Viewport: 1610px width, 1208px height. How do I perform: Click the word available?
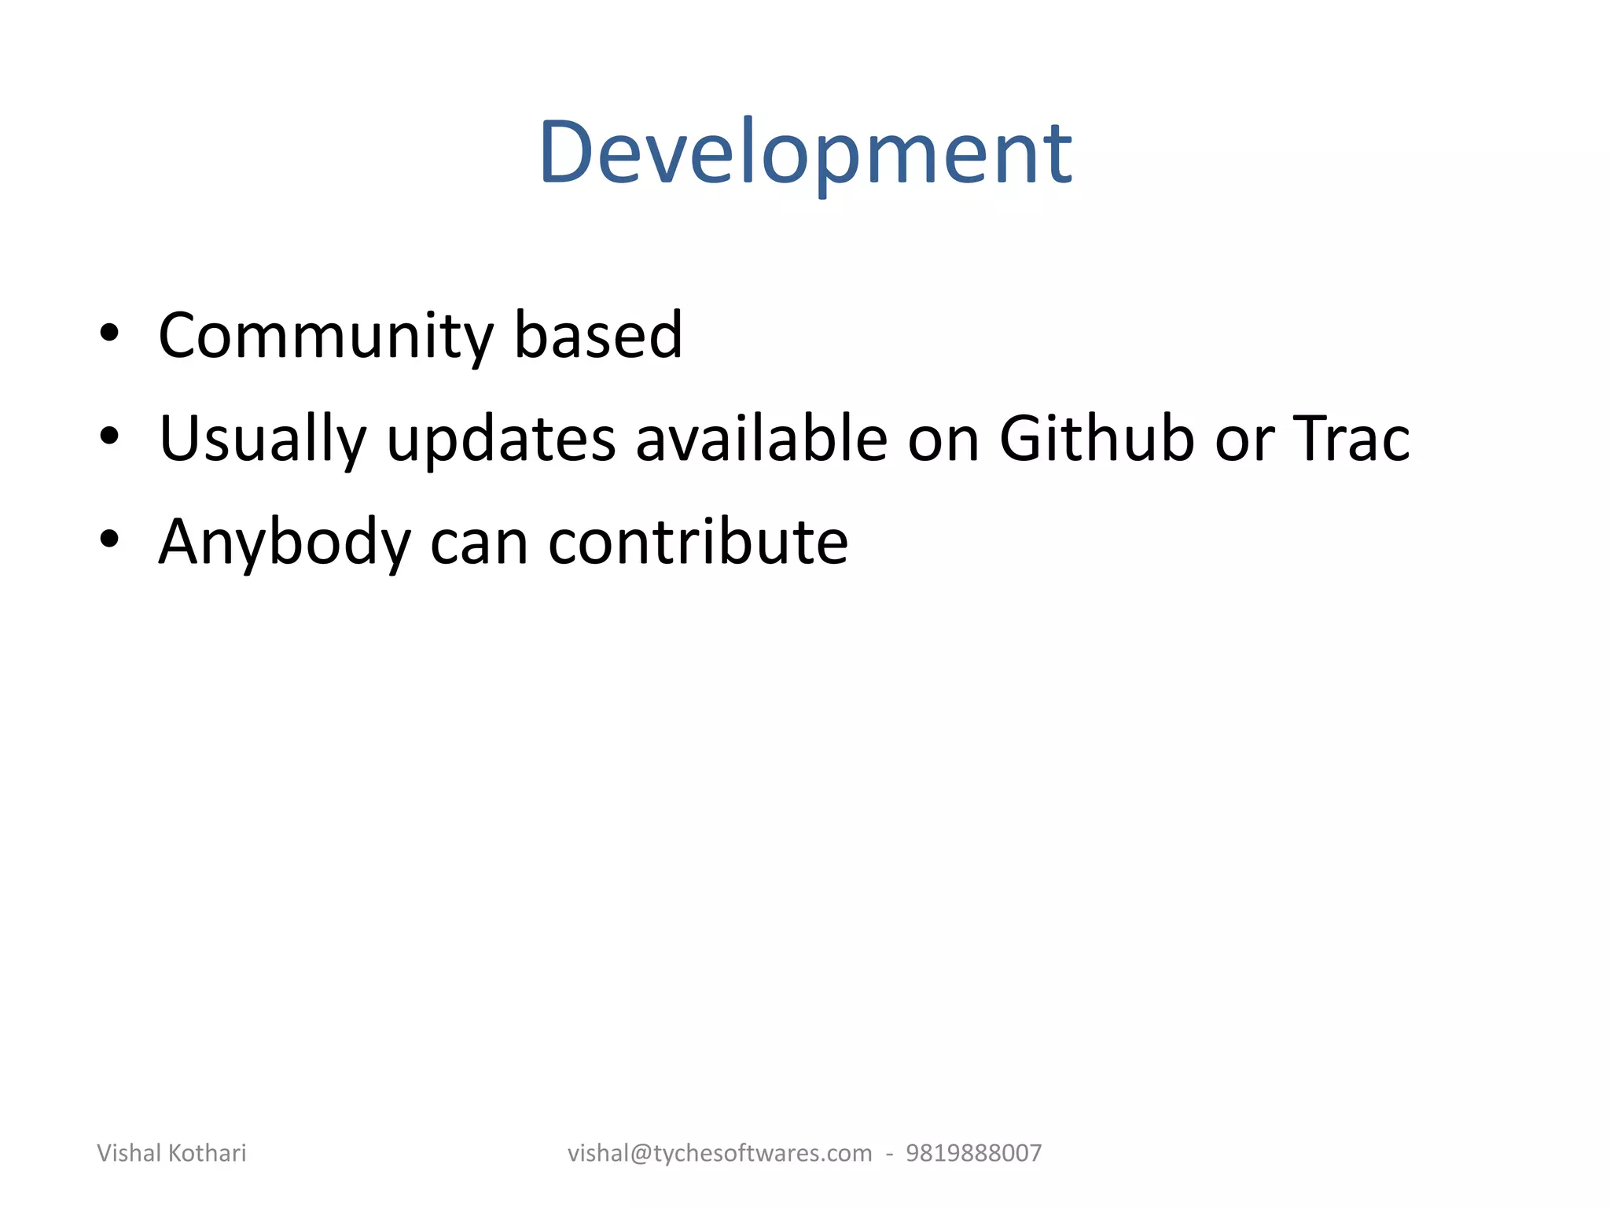click(x=761, y=438)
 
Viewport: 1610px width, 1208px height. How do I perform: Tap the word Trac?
click(x=1351, y=438)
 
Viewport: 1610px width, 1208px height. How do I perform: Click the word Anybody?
click(x=285, y=543)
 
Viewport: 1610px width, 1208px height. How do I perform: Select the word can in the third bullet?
click(x=479, y=543)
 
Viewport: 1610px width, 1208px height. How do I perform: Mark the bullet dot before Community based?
click(x=109, y=334)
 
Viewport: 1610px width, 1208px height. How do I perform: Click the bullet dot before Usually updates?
click(x=109, y=436)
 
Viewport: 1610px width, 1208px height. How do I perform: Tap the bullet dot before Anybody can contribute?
click(x=109, y=540)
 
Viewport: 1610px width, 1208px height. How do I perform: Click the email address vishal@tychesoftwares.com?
click(x=719, y=1153)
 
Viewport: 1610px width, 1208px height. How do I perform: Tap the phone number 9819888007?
click(x=973, y=1153)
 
